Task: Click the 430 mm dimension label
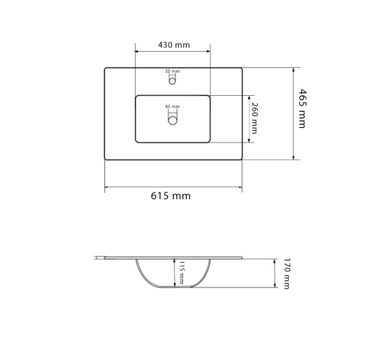pos(173,45)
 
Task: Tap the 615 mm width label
pos(171,196)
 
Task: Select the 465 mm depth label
pos(301,108)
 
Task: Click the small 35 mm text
pos(172,71)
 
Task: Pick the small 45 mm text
pos(172,106)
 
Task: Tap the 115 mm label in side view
pos(181,273)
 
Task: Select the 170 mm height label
pos(286,273)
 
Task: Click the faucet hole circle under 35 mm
pos(172,80)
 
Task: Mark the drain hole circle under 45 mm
pos(172,120)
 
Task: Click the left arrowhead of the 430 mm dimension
pos(137,51)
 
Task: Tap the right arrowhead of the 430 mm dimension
pos(208,51)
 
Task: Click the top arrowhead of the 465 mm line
pos(294,70)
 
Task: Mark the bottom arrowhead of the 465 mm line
pos(294,157)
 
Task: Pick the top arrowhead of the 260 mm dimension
pos(251,97)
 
